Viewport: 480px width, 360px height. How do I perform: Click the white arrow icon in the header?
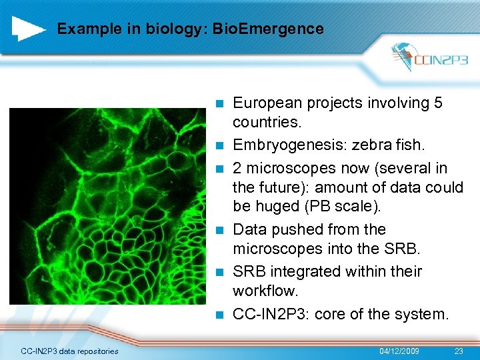point(29,29)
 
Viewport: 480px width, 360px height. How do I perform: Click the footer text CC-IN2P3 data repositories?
point(70,351)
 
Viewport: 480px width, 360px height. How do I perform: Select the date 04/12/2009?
point(399,351)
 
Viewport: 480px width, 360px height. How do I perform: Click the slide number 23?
point(458,351)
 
